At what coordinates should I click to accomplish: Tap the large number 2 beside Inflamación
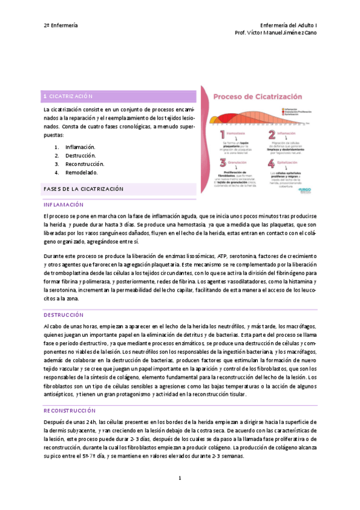point(272,137)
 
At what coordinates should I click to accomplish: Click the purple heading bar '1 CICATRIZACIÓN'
point(120,96)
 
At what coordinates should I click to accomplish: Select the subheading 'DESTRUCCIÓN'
point(63,315)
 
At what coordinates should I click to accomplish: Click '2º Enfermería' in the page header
point(61,26)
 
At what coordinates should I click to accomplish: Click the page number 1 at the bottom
point(179,478)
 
